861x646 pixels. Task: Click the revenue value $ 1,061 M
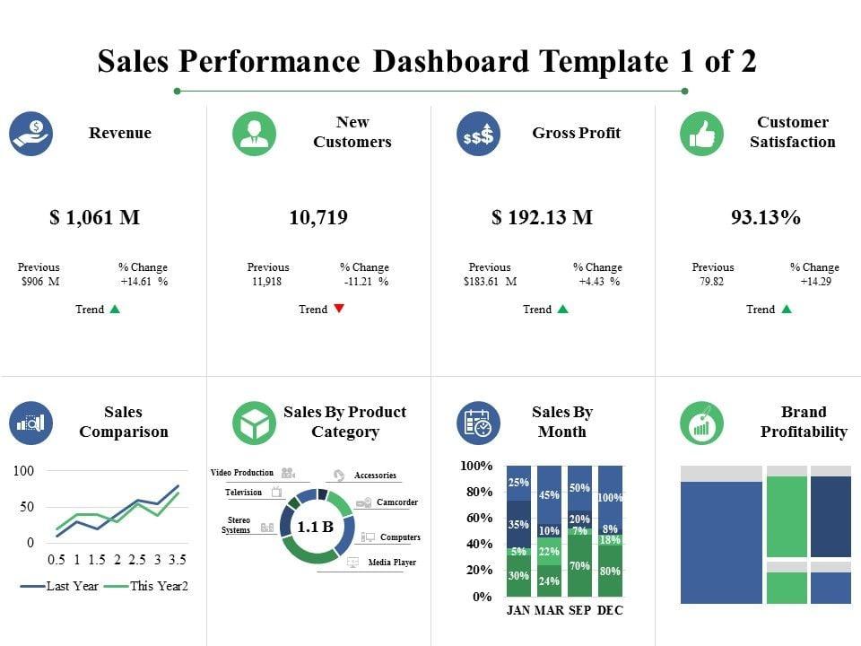[x=94, y=218]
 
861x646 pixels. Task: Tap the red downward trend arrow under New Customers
[x=338, y=309]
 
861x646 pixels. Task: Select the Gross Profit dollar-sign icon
[x=478, y=134]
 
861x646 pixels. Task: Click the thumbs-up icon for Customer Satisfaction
[x=701, y=134]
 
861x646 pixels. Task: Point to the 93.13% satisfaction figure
[x=765, y=218]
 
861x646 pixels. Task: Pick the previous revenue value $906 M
[x=39, y=282]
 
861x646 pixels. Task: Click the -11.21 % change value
[x=365, y=282]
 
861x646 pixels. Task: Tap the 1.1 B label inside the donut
[x=315, y=527]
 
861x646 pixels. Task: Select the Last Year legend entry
[x=61, y=586]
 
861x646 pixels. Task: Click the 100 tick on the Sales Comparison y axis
[x=23, y=471]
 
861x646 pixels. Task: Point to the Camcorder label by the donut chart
[x=396, y=502]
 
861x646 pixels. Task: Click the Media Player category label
[x=392, y=563]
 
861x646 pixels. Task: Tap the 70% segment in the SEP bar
[x=579, y=566]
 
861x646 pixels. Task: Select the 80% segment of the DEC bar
[x=610, y=571]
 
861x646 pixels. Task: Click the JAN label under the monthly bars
[x=518, y=610]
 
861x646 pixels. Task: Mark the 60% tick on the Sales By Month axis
[x=476, y=518]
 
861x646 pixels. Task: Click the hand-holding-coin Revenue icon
[x=31, y=134]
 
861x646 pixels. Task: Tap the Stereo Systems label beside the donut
[x=238, y=525]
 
